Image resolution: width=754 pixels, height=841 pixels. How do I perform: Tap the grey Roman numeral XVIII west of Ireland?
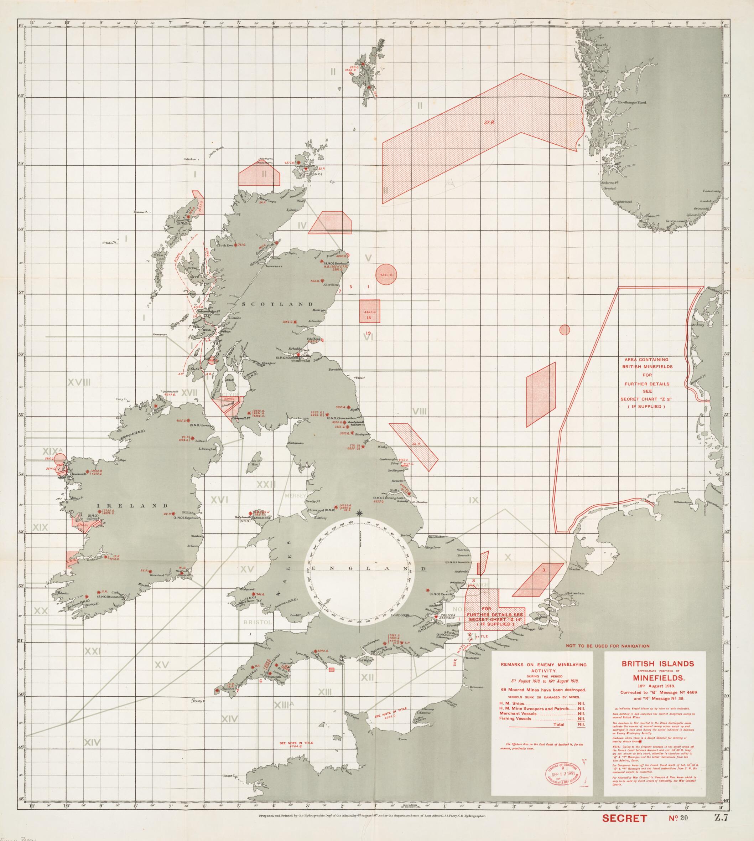coord(79,382)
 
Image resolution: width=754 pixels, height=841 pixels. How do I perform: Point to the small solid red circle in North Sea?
coord(564,330)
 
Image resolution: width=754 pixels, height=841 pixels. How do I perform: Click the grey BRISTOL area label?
coord(256,623)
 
